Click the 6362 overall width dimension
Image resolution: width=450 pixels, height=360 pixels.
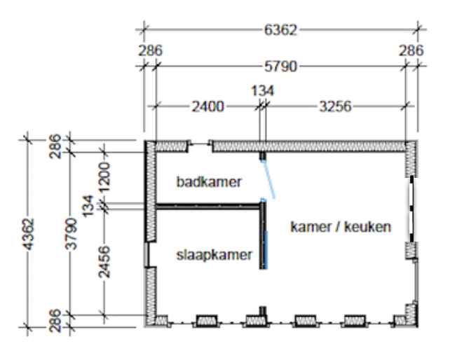tap(280, 30)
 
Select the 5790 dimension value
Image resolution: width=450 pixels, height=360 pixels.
tap(280, 67)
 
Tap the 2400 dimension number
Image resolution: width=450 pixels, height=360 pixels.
tap(207, 106)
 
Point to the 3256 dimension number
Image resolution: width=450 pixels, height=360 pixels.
tap(335, 106)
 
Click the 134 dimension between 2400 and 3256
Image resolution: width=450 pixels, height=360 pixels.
tap(263, 91)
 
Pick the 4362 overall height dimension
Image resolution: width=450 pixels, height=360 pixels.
tap(29, 234)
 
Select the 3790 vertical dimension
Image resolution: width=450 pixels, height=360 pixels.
tap(71, 234)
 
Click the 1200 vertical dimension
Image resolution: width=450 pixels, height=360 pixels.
tap(104, 177)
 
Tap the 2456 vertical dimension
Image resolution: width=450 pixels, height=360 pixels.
tap(104, 262)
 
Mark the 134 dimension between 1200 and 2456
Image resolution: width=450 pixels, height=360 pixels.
tap(88, 206)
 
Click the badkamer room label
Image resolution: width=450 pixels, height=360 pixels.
tap(209, 182)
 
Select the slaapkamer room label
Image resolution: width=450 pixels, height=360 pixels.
tap(214, 255)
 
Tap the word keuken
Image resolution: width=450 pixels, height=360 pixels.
tap(367, 227)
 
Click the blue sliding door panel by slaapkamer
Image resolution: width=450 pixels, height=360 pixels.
tap(266, 250)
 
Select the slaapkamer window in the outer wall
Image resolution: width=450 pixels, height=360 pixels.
tap(146, 255)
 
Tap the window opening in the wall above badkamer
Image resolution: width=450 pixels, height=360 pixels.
tap(200, 143)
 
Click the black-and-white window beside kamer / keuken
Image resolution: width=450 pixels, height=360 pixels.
tap(411, 209)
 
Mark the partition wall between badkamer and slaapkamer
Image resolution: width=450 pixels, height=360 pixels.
tap(207, 206)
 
